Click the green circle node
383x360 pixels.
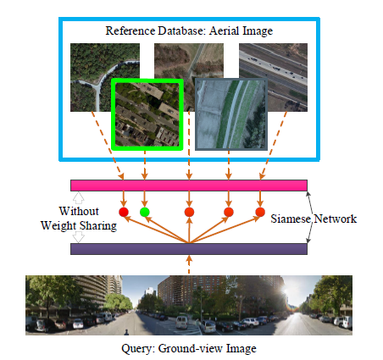(x=145, y=212)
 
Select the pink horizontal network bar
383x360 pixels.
(x=189, y=186)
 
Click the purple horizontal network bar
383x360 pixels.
(x=189, y=249)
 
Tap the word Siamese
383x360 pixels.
(x=291, y=219)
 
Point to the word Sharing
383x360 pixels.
(x=97, y=226)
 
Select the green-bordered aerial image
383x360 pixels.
(x=147, y=114)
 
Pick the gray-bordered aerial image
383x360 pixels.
(x=231, y=114)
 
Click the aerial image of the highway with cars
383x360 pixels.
(x=273, y=77)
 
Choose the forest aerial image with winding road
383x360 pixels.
(x=105, y=77)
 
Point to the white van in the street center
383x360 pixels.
(x=181, y=322)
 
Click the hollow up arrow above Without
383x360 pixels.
(x=79, y=198)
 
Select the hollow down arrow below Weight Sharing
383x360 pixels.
(x=79, y=237)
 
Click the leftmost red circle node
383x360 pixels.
(x=124, y=212)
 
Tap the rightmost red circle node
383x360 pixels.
(x=260, y=212)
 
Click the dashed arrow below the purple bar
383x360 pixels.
(x=189, y=264)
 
